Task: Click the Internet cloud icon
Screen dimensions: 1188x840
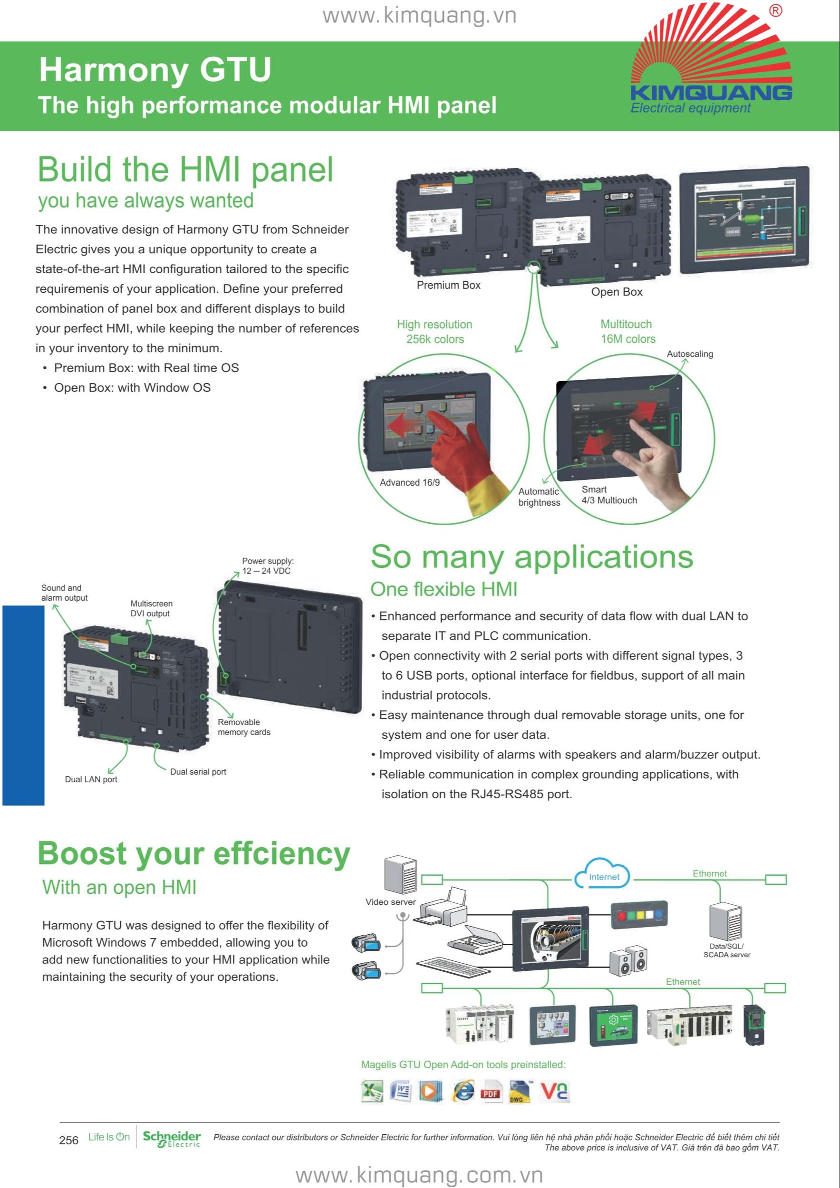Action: pyautogui.click(x=603, y=875)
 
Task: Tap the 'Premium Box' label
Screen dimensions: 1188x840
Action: pyautogui.click(x=448, y=285)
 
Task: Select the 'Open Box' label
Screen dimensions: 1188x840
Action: pyautogui.click(x=617, y=292)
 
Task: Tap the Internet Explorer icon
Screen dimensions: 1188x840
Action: pyautogui.click(x=463, y=1091)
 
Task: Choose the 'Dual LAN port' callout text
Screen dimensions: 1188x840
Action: pyautogui.click(x=91, y=779)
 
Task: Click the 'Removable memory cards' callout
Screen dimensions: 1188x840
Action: pyautogui.click(x=244, y=727)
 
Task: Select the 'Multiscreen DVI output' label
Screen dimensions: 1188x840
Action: pyautogui.click(x=151, y=608)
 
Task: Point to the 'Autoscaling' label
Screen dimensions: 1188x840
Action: pyautogui.click(x=689, y=354)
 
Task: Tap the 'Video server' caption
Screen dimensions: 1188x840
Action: pyautogui.click(x=390, y=902)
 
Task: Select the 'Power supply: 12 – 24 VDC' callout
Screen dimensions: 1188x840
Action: pyautogui.click(x=267, y=565)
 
